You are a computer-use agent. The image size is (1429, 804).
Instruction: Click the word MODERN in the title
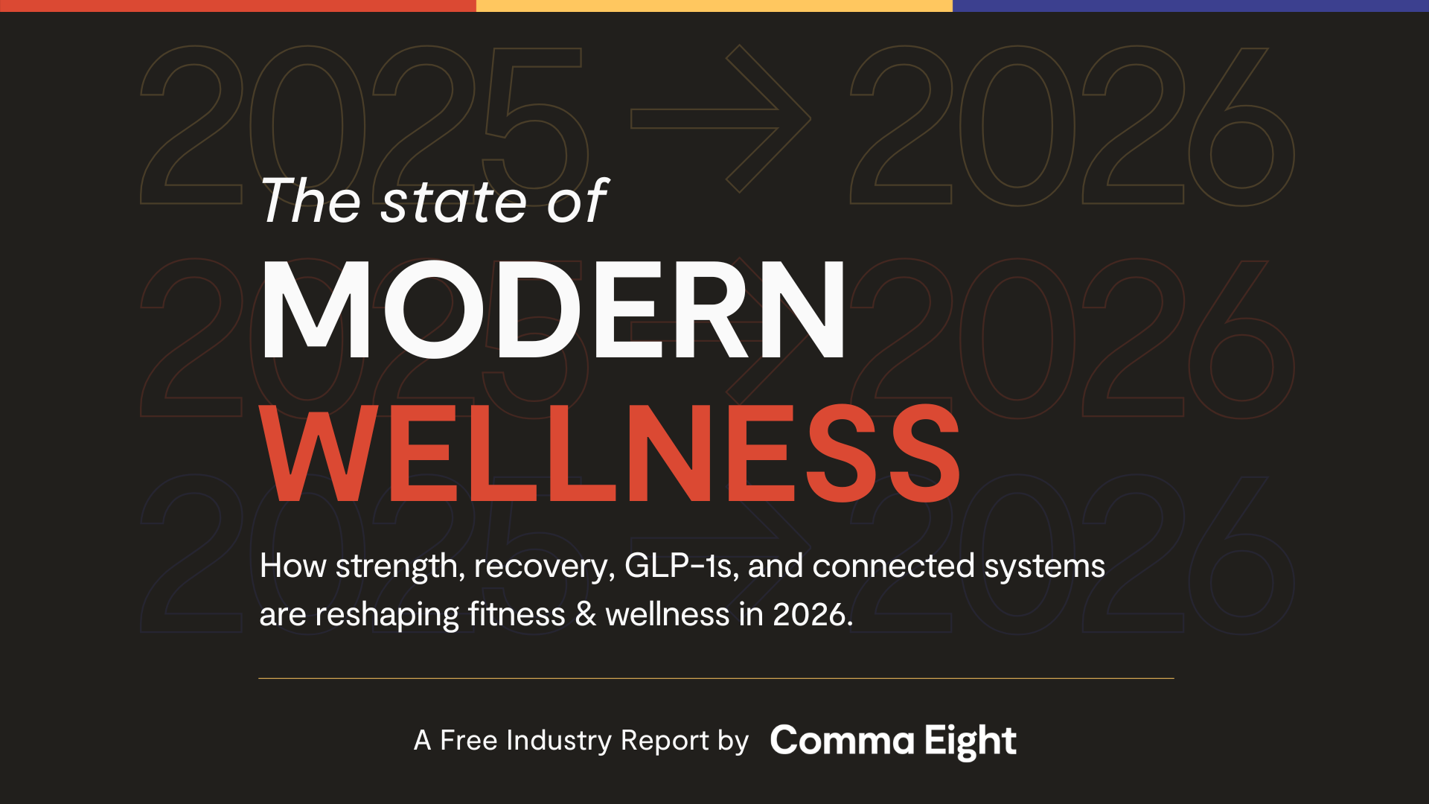553,309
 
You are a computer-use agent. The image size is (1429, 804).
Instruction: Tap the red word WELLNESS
610,453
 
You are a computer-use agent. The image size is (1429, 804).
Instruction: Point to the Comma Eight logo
893,741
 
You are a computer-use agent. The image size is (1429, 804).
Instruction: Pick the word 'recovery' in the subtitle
544,567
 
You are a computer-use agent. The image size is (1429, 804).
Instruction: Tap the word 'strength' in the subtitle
400,567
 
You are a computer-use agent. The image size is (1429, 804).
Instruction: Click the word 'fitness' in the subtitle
517,615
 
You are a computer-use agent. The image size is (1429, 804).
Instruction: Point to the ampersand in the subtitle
586,615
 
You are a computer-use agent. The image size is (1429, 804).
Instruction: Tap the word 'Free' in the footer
469,741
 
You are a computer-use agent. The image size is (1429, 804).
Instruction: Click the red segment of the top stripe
238,5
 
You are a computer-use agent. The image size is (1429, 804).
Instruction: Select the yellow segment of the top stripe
714,5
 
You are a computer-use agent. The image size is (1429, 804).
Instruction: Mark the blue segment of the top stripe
1191,5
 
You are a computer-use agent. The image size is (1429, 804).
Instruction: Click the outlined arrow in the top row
720,118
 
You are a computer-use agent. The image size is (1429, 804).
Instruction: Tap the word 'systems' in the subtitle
1045,567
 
